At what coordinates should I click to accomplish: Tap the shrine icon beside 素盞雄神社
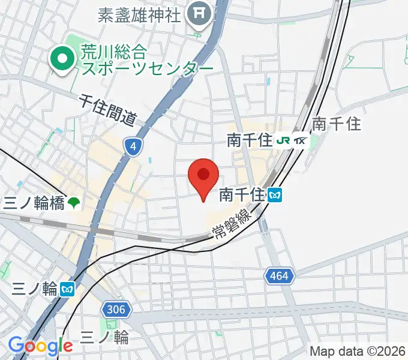point(199,12)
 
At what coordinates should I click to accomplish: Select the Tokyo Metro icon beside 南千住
point(275,194)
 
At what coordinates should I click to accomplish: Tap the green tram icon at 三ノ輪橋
point(73,203)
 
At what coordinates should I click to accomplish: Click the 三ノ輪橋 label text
point(34,203)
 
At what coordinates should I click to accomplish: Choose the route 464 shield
point(279,276)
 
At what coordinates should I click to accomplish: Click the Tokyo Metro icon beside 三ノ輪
point(67,290)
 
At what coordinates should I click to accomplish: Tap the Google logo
point(40,346)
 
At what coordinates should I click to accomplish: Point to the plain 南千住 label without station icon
point(337,124)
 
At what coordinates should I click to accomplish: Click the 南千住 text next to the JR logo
point(249,141)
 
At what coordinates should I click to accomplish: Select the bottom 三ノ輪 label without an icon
point(104,337)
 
